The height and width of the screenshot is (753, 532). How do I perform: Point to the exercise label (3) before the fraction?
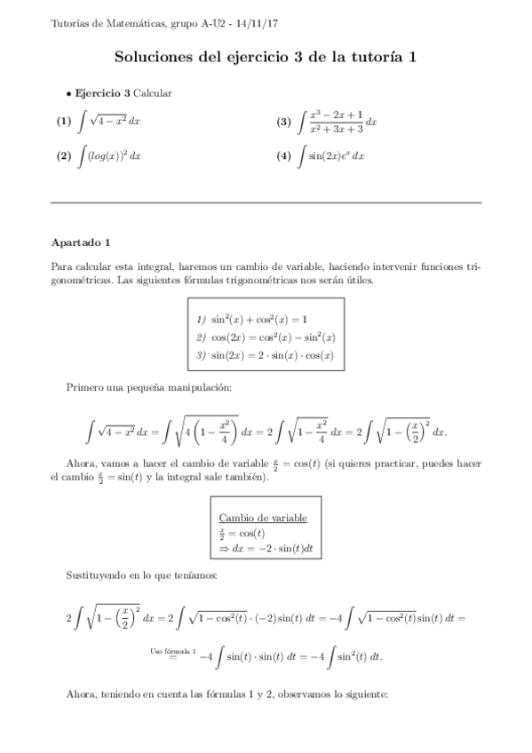click(284, 122)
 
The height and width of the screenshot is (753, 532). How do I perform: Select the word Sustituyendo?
click(98, 575)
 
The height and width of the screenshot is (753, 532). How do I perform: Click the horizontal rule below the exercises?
click(266, 202)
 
